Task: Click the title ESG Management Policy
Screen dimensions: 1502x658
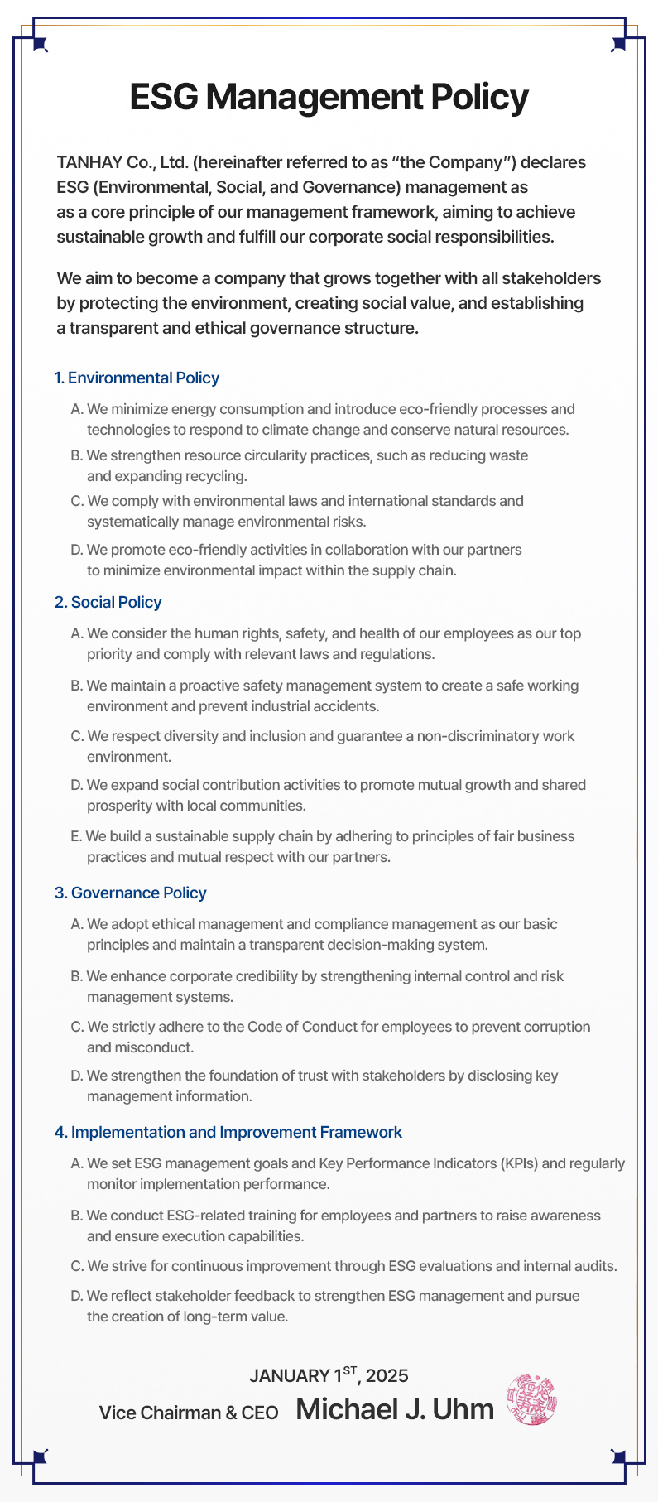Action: coord(329,98)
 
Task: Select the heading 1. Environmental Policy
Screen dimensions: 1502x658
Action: coord(137,378)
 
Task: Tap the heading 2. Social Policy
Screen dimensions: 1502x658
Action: coord(108,603)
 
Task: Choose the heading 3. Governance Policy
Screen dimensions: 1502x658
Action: coord(130,893)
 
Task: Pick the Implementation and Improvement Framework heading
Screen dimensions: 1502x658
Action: coord(228,1133)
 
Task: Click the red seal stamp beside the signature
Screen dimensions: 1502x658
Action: coord(531,1399)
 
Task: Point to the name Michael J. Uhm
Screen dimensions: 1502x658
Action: coord(394,1409)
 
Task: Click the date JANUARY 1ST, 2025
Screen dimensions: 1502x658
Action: coord(329,1375)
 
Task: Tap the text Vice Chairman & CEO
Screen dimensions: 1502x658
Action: coord(189,1413)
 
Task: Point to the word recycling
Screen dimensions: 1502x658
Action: coord(218,476)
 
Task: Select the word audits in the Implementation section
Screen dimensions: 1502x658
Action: coord(595,1266)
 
